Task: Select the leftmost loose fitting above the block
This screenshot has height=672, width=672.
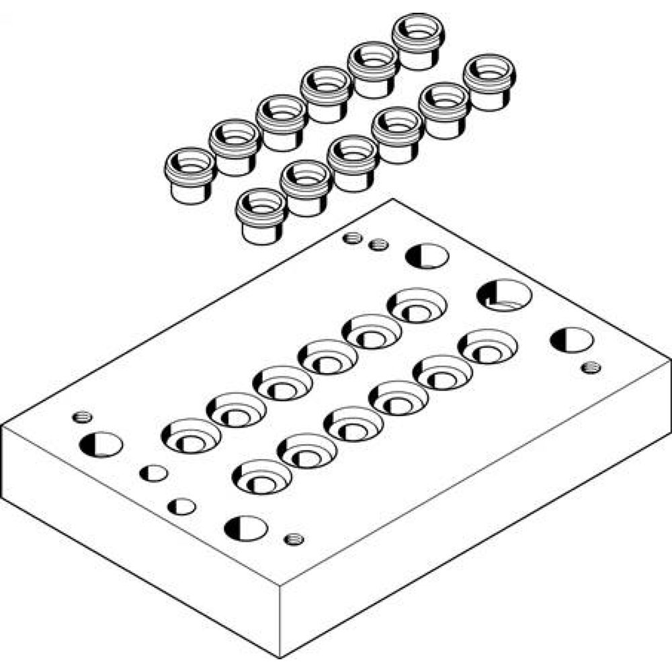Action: point(190,174)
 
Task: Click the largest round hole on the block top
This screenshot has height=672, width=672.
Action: point(504,294)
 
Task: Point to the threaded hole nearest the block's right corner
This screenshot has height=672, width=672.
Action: point(591,366)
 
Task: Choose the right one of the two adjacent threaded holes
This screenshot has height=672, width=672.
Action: point(378,245)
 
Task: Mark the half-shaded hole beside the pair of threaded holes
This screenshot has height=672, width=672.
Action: point(427,256)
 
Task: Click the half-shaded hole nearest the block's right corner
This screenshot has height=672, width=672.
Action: point(571,340)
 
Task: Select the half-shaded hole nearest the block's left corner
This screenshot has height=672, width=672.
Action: point(101,444)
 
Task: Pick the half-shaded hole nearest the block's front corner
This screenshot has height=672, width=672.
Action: point(246,528)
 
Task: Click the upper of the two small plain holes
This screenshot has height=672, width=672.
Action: point(154,473)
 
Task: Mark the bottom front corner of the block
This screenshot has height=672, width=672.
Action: point(280,657)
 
